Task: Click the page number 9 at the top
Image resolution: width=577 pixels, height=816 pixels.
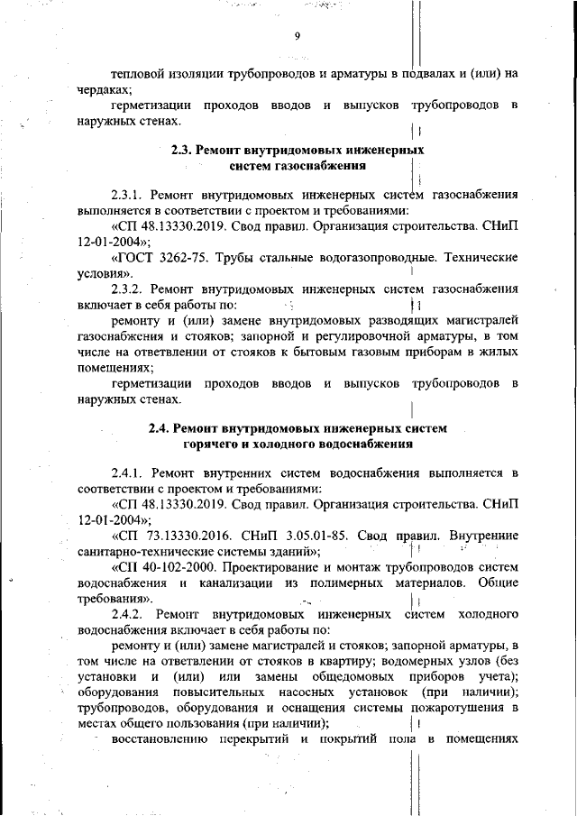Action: pos(296,36)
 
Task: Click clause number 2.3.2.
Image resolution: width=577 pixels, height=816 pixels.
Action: pos(130,289)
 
